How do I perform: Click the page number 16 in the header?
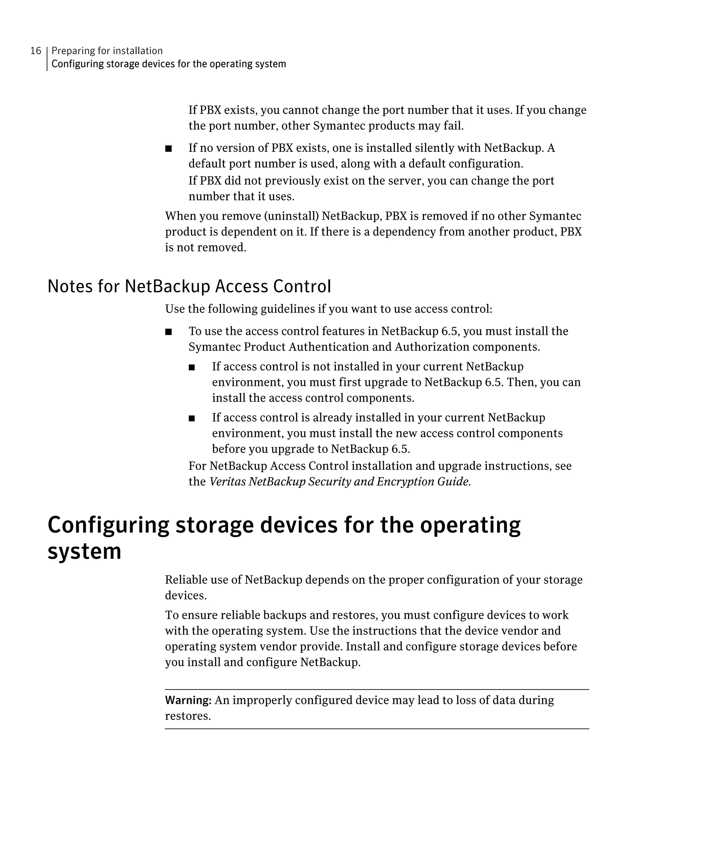point(36,51)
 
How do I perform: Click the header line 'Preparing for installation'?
point(107,51)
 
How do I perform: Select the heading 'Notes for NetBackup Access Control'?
point(189,286)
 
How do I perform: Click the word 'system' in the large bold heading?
point(84,551)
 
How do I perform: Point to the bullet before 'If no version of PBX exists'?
point(168,149)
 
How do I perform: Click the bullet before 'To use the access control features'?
point(168,332)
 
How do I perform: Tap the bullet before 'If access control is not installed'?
point(192,367)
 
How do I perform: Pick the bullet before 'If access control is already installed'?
point(192,418)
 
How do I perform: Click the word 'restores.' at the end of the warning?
point(188,716)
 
